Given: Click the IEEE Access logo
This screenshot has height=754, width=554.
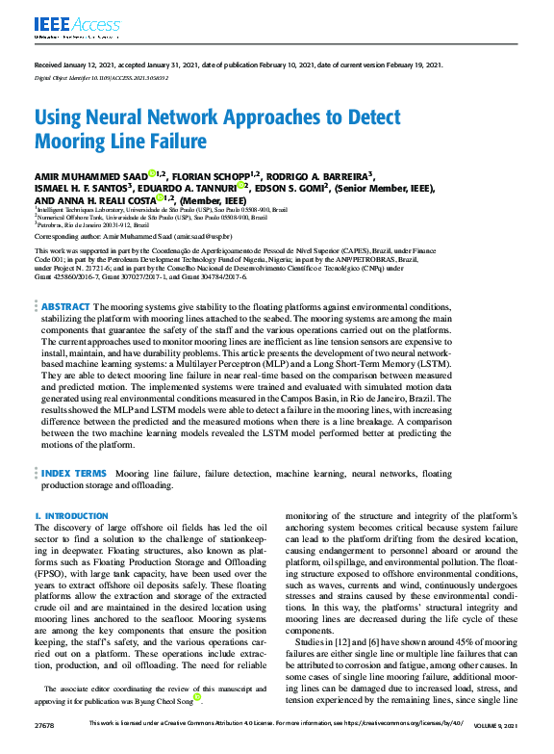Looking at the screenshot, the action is point(64,24).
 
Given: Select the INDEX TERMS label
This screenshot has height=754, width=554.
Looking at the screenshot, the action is point(74,474).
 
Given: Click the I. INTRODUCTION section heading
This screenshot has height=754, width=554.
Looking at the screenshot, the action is point(72,516).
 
